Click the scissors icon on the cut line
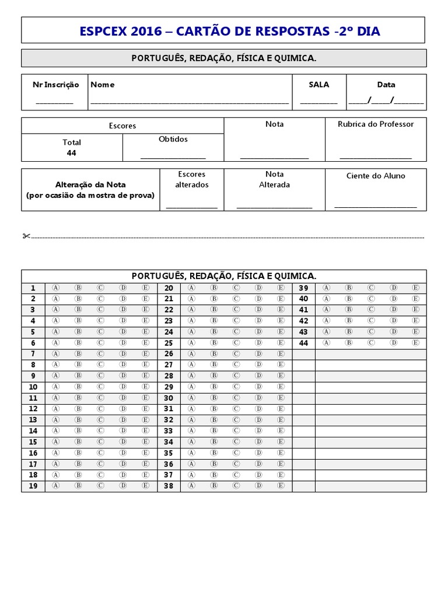coord(26,236)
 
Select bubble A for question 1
coord(56,287)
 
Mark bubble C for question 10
coord(100,387)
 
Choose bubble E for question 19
coord(145,485)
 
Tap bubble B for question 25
coord(214,343)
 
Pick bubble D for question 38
coord(258,485)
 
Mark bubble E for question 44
coord(415,343)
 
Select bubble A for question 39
coord(326,287)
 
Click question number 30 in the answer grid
coord(169,398)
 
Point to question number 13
coord(33,420)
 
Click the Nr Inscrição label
coord(55,85)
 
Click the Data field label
coord(386,85)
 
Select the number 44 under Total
coord(72,153)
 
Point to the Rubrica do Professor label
coord(376,124)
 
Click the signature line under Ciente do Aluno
coord(376,206)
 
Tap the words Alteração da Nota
coord(90,185)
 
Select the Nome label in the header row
coord(103,85)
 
